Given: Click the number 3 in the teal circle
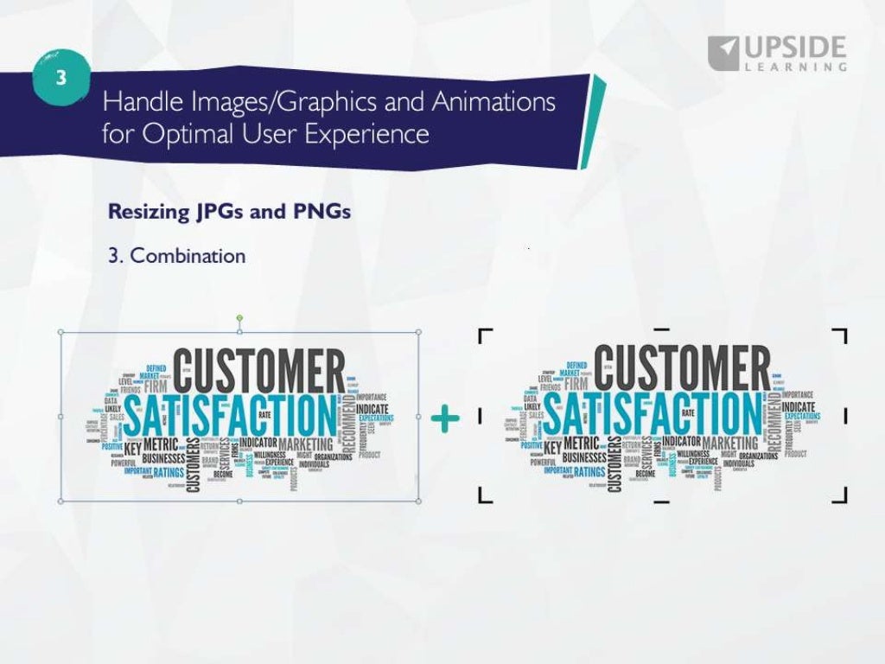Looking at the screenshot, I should pyautogui.click(x=60, y=78).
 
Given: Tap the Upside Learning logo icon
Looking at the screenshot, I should pyautogui.click(x=723, y=53).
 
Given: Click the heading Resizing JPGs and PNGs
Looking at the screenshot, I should pyautogui.click(x=229, y=212).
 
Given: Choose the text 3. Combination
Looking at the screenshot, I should pyautogui.click(x=176, y=256).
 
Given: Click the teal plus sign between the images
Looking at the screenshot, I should pyautogui.click(x=445, y=419).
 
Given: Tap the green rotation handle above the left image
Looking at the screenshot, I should pyautogui.click(x=240, y=319).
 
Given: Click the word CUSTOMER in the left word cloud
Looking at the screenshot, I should pyautogui.click(x=259, y=370).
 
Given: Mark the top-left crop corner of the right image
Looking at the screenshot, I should pyautogui.click(x=484, y=335).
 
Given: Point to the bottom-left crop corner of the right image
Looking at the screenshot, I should pyautogui.click(x=484, y=495).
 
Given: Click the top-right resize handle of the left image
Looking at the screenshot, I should pyautogui.click(x=418, y=332).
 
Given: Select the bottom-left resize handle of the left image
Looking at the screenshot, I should pyautogui.click(x=60, y=500).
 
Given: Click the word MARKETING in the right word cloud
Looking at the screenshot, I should pyautogui.click(x=729, y=443).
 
